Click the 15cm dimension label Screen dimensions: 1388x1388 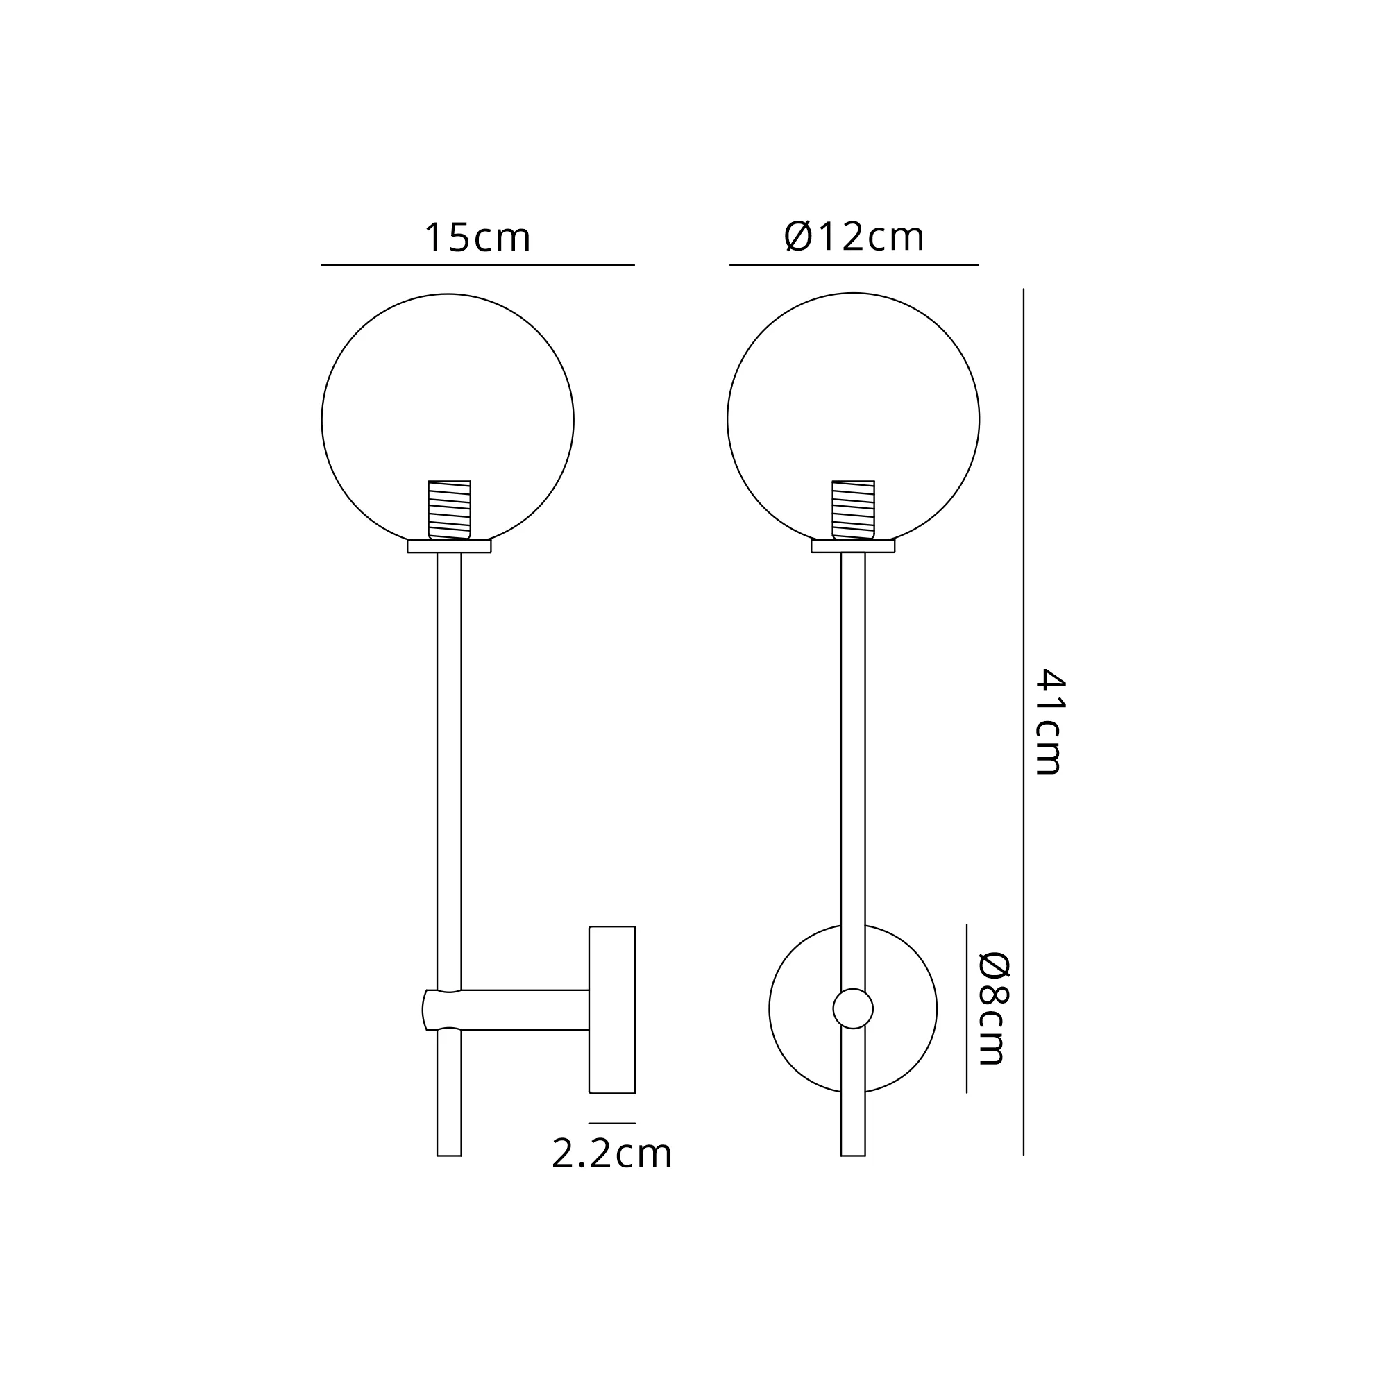point(477,238)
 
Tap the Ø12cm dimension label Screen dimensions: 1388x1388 point(854,237)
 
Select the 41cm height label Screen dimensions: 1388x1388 point(1049,721)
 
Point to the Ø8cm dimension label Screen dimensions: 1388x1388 point(995,1008)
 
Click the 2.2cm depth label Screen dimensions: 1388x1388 point(611,1154)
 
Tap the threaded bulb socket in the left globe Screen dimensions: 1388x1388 point(449,509)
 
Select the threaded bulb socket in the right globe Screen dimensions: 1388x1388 point(854,509)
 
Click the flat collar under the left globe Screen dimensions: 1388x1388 point(449,546)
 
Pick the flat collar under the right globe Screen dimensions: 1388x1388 point(854,546)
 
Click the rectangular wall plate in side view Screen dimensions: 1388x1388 point(612,1009)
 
